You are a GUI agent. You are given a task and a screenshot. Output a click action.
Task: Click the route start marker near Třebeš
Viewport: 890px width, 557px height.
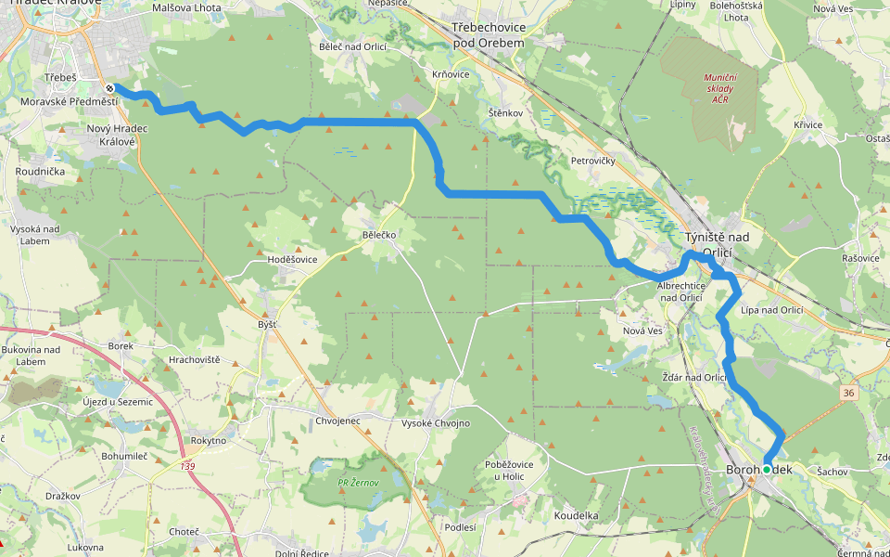(x=110, y=88)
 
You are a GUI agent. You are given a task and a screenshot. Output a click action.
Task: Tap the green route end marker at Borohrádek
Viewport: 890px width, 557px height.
(x=767, y=470)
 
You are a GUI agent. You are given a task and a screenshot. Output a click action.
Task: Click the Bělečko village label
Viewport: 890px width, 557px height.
(x=379, y=236)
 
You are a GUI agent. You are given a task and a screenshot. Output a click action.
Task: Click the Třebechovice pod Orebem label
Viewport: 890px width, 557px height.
(x=489, y=36)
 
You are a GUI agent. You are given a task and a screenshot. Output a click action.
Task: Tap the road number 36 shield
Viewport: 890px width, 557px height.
(x=849, y=394)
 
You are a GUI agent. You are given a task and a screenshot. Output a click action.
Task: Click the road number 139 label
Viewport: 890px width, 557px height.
(x=189, y=465)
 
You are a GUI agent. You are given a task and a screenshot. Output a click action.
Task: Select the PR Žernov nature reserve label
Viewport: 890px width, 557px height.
(x=356, y=483)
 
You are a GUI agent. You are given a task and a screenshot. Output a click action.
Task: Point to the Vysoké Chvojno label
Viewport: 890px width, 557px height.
(x=435, y=423)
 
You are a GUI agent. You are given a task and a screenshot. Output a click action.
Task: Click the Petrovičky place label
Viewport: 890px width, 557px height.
(x=593, y=161)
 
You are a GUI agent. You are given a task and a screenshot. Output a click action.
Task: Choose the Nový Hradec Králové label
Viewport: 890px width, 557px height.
(x=111, y=135)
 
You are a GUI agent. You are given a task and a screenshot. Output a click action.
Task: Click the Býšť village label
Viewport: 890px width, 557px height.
(x=266, y=325)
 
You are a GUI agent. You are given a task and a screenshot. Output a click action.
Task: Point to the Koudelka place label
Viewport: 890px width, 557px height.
(x=576, y=514)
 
